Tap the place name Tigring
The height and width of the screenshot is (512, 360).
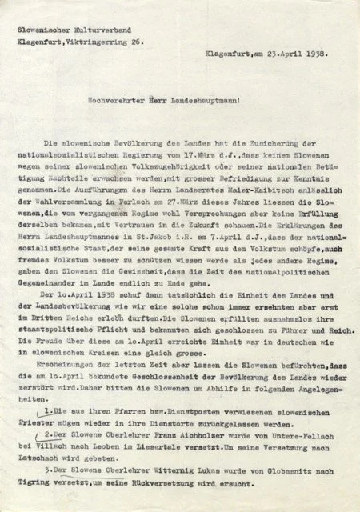[41, 483]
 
